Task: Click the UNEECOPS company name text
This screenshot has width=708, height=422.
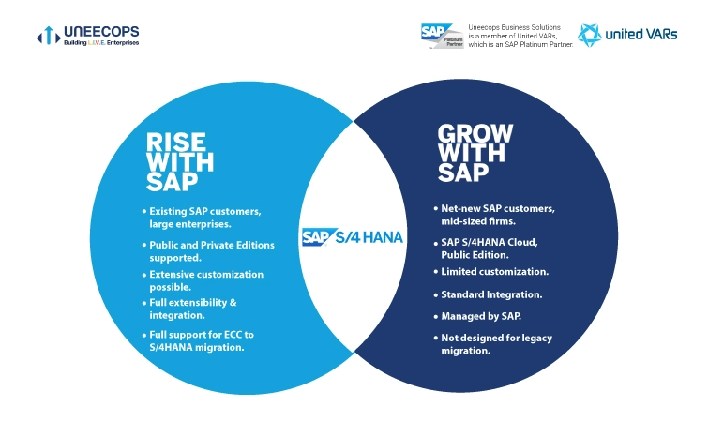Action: (98, 32)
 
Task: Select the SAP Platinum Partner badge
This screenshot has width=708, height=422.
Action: (442, 35)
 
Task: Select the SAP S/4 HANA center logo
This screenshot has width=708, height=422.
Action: (353, 236)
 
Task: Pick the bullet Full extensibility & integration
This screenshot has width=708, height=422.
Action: (197, 309)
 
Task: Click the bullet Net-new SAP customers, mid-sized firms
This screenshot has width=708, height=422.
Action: (497, 213)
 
